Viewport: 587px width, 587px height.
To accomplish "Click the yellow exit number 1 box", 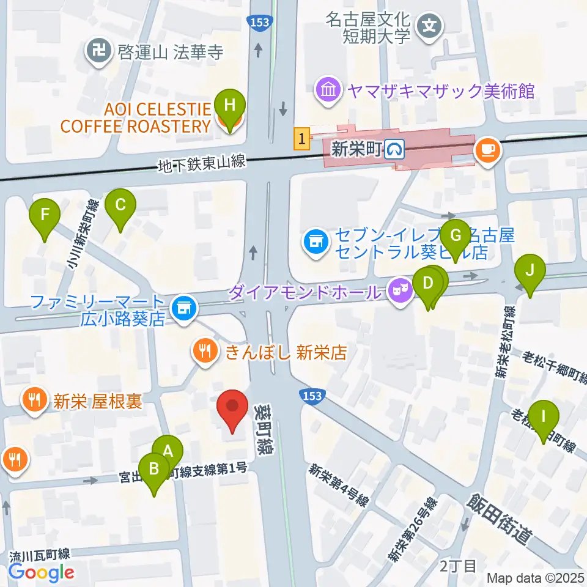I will pyautogui.click(x=301, y=138).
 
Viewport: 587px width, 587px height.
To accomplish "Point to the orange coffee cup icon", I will pyautogui.click(x=487, y=150).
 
